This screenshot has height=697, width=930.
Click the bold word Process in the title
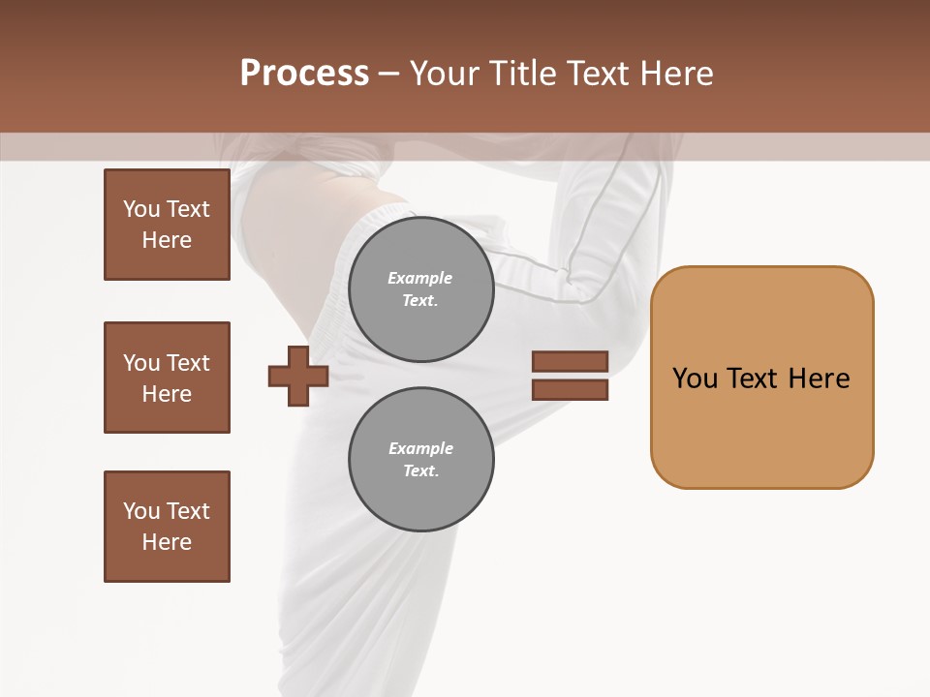coord(304,74)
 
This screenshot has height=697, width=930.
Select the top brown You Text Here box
coord(167,225)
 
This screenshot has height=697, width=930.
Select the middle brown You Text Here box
coord(167,378)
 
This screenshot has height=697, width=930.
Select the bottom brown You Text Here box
coord(167,527)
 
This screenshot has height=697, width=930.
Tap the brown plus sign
coord(298,376)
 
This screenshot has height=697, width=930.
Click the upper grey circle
coord(421,289)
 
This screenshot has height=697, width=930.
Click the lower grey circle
coord(421,460)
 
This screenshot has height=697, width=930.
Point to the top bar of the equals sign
coord(570,362)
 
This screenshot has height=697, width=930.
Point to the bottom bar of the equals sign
coord(570,389)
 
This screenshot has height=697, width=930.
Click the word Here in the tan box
coord(819,379)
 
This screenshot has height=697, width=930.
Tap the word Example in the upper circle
coord(420,278)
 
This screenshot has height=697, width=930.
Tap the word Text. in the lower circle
coord(421,471)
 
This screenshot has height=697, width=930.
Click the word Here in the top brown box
coord(167,240)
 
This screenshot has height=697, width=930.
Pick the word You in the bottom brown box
coord(141,511)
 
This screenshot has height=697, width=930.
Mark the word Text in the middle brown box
coord(188,363)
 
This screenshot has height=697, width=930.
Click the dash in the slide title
coord(389,74)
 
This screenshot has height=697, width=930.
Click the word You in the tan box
coord(695,379)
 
